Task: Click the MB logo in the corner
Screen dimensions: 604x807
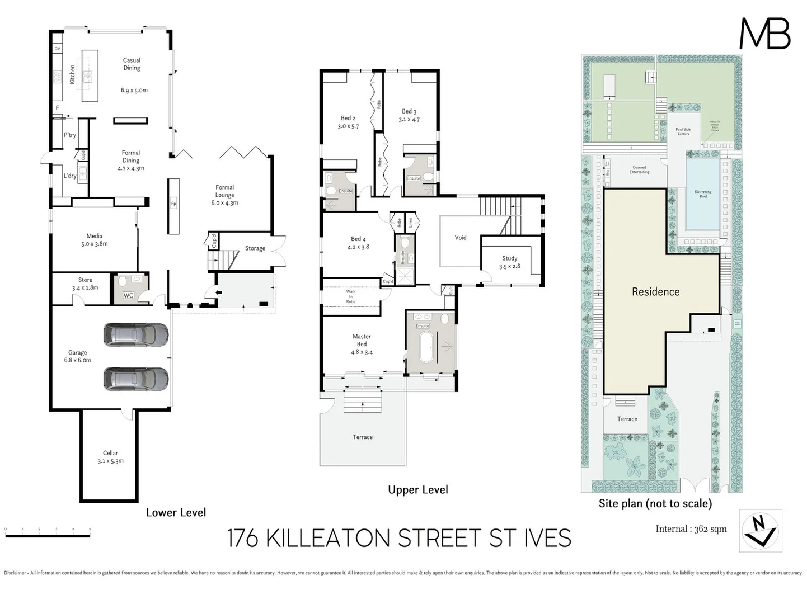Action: tap(765, 34)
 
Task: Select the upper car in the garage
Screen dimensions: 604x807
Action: tap(135, 334)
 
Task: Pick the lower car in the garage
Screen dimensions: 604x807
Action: tap(135, 379)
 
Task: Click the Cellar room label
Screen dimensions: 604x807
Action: tap(110, 457)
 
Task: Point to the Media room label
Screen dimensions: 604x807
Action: tap(94, 240)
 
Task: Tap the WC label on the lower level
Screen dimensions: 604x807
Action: tap(128, 295)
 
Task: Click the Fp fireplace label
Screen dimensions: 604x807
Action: tap(173, 204)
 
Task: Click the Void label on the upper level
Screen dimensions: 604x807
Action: tap(460, 238)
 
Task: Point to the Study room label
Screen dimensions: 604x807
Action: tap(509, 262)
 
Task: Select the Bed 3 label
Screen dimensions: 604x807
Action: tap(409, 115)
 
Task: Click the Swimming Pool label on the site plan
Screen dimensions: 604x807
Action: tap(703, 194)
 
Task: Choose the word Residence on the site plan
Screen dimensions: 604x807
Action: tap(655, 291)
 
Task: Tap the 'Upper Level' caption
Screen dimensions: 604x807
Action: tap(417, 490)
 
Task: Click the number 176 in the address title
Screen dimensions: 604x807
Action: tap(242, 539)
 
